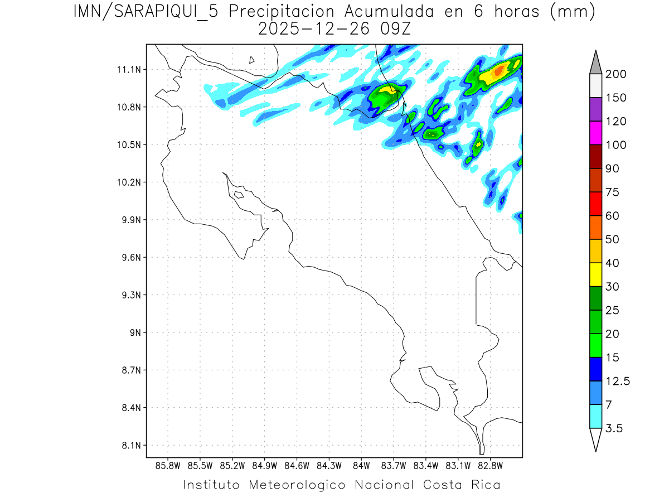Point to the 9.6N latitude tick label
(x=129, y=258)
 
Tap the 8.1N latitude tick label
(x=129, y=446)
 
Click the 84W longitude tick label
(x=361, y=465)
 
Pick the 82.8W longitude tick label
(x=490, y=465)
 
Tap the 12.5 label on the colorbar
(x=618, y=381)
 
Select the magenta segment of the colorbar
(x=595, y=133)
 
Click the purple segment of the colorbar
(x=595, y=109)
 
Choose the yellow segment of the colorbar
(x=595, y=274)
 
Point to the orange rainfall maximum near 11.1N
(x=498, y=70)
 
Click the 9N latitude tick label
(x=133, y=333)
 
